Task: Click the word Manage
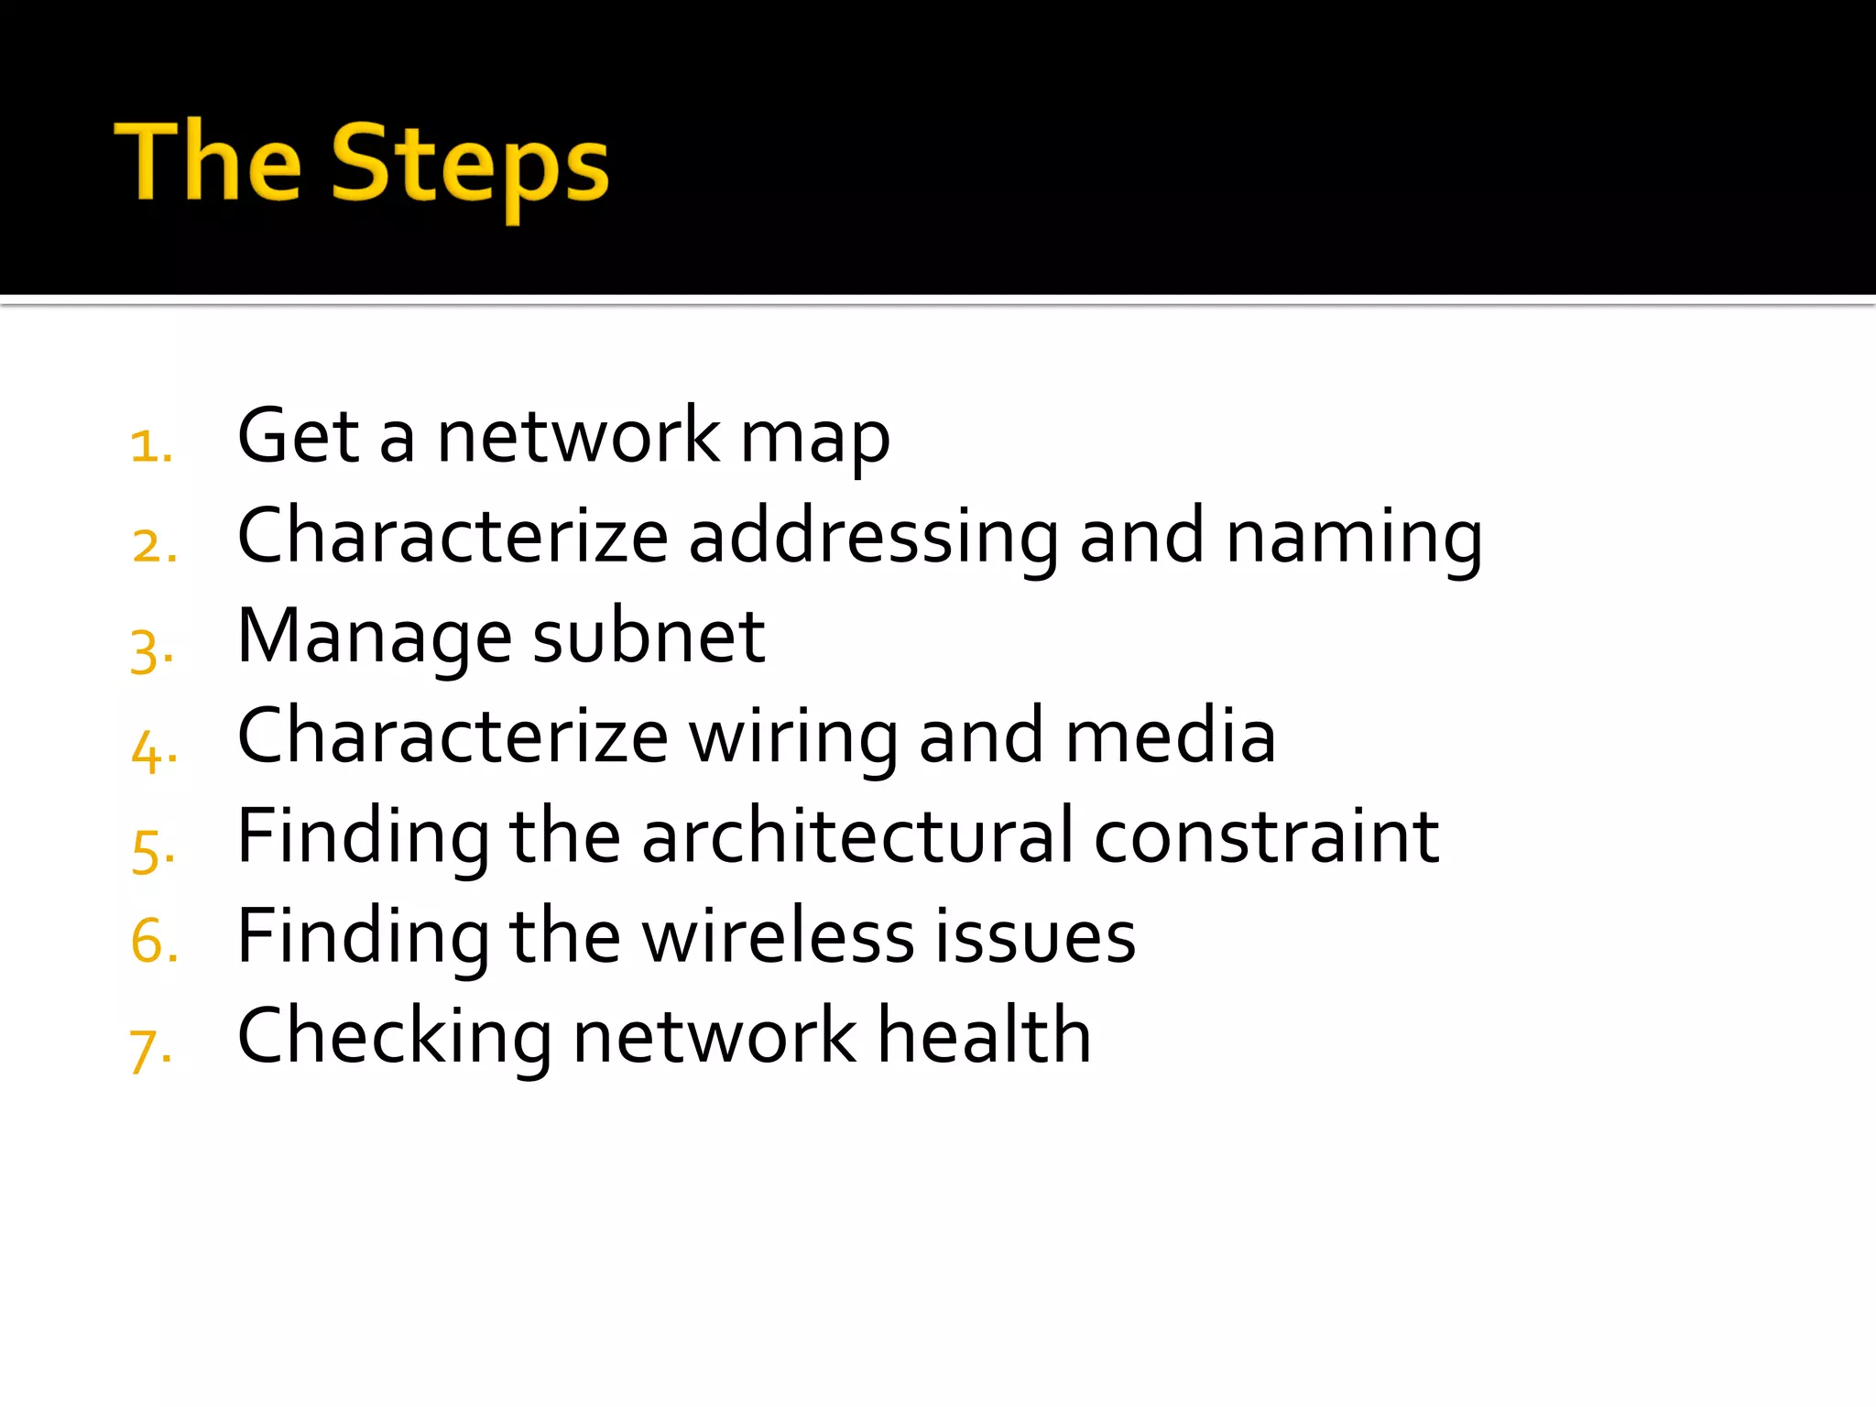[x=375, y=638]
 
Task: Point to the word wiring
[x=793, y=737]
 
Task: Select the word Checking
[x=395, y=1037]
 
